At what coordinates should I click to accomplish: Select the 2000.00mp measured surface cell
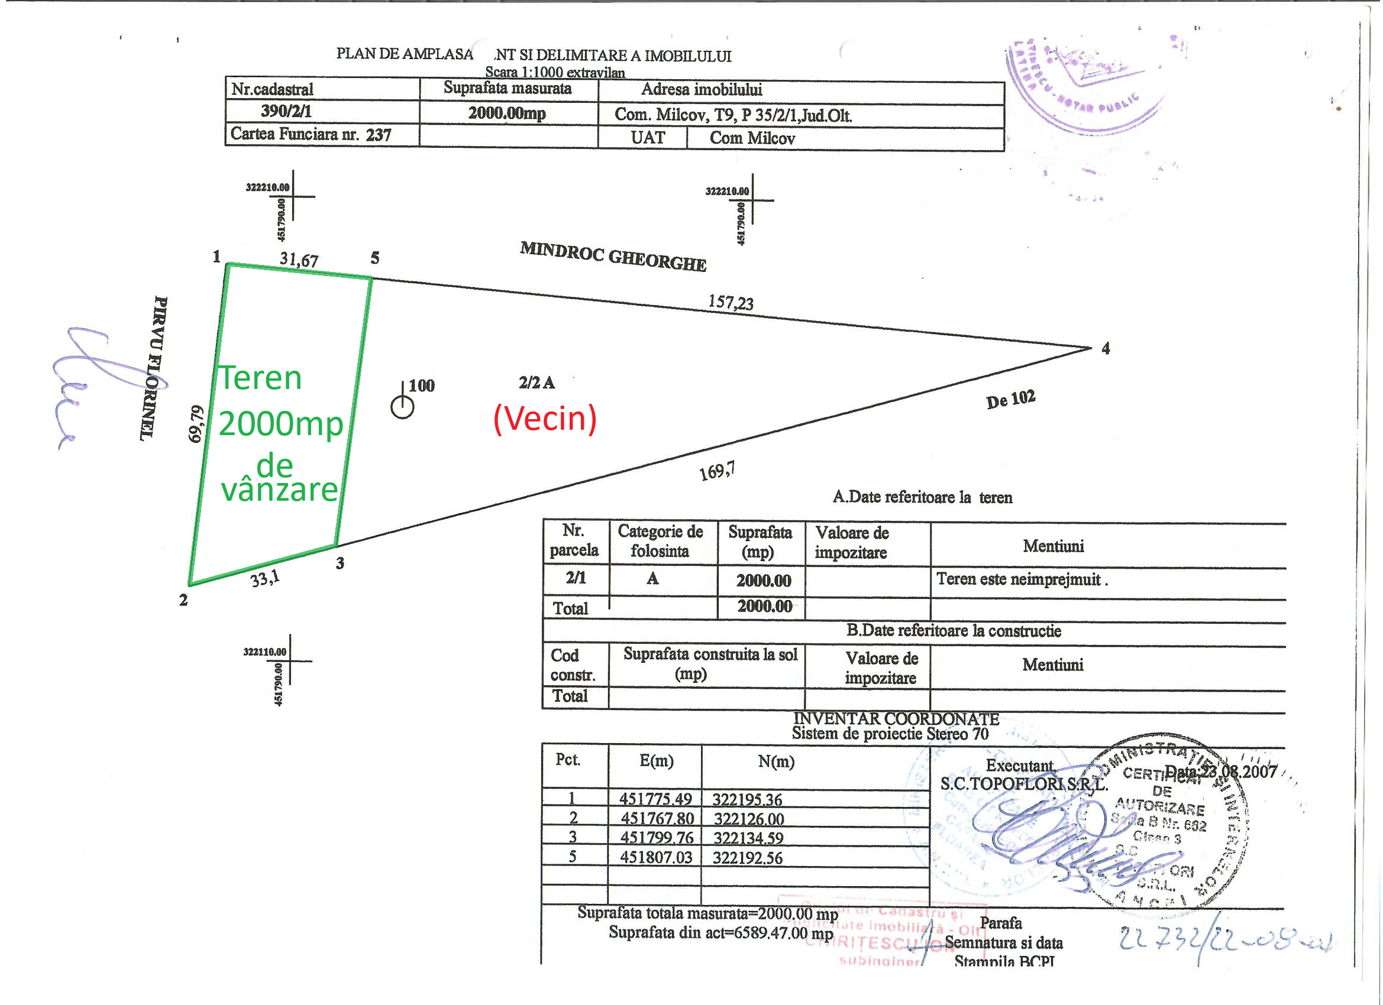(507, 114)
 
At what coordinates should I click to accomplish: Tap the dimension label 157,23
(731, 302)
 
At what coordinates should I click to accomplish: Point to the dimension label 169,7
(717, 471)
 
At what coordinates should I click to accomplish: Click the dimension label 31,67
(299, 260)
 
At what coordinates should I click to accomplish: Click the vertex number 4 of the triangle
(1106, 349)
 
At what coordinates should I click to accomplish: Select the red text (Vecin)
(545, 418)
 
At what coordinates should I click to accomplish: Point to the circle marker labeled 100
(402, 407)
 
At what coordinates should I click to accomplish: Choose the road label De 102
(1010, 400)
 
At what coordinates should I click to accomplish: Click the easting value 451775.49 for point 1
(655, 799)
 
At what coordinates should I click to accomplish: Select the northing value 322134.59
(748, 838)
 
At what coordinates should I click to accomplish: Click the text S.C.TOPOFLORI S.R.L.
(1024, 784)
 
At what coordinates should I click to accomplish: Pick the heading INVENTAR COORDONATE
(896, 719)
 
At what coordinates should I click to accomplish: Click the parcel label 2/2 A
(537, 382)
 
